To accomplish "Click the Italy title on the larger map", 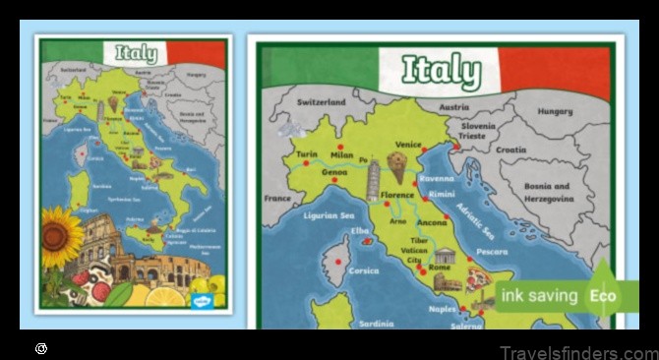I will pyautogui.click(x=442, y=70).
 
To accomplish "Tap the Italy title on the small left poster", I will pyautogui.click(x=135, y=53).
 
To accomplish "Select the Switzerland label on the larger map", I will pyautogui.click(x=322, y=102).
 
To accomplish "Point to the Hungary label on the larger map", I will pyautogui.click(x=554, y=112).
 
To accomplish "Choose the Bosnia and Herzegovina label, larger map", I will pyautogui.click(x=547, y=192).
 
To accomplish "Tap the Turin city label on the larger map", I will pyautogui.click(x=307, y=155).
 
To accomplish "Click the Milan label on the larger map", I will pyautogui.click(x=341, y=155).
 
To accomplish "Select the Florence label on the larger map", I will pyautogui.click(x=398, y=195).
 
